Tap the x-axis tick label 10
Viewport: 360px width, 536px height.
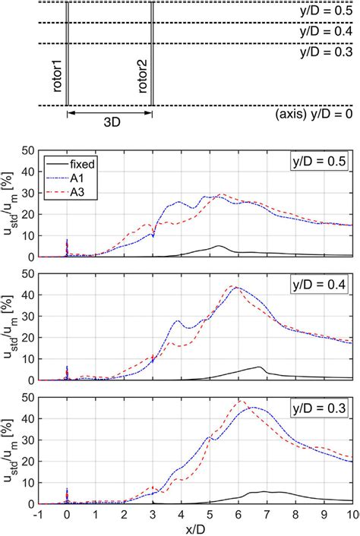(352, 514)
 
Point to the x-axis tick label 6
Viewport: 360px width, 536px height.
(238, 514)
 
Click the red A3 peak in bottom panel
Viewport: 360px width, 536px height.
(242, 401)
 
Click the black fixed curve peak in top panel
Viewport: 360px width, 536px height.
(219, 246)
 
